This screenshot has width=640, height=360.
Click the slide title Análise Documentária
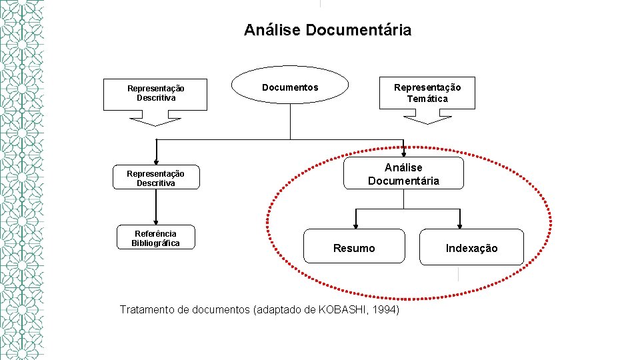click(327, 30)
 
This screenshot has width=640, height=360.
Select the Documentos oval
click(290, 87)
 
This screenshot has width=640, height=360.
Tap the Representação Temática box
click(427, 93)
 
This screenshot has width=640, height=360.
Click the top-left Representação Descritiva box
click(155, 94)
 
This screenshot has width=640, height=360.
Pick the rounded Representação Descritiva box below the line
click(155, 178)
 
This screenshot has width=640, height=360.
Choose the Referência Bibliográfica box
click(155, 238)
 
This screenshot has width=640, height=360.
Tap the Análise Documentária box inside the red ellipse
click(403, 174)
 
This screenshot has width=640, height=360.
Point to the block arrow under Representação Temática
click(427, 120)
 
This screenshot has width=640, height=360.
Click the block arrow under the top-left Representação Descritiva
click(155, 121)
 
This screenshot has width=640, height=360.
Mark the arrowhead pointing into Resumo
click(355, 224)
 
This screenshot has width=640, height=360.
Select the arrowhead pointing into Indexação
click(459, 224)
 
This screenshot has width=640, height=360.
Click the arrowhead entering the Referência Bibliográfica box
click(155, 221)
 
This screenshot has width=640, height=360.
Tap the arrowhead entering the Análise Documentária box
click(403, 153)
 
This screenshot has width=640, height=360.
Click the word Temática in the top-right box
click(427, 99)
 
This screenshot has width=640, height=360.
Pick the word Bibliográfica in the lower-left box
click(155, 243)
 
